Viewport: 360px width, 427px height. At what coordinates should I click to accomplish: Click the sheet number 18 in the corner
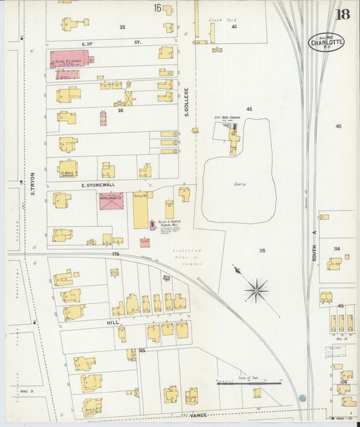click(342, 14)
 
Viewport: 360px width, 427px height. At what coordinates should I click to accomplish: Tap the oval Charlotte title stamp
click(326, 42)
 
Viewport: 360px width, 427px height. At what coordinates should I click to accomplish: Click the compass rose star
click(256, 291)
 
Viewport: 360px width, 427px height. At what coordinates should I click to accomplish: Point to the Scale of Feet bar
click(249, 383)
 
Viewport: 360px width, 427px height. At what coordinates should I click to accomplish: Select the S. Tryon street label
click(32, 183)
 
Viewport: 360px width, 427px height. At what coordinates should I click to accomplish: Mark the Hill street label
click(113, 323)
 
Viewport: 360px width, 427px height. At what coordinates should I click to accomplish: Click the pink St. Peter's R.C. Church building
click(70, 58)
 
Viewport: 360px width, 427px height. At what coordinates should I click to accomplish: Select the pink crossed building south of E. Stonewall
click(111, 200)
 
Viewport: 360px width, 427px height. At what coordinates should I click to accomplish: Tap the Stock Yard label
click(220, 20)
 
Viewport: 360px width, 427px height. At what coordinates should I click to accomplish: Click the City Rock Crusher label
click(228, 117)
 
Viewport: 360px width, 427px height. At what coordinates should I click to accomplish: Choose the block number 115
click(261, 251)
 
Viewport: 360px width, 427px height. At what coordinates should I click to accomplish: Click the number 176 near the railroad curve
click(115, 254)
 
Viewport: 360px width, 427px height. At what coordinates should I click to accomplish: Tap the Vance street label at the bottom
click(197, 415)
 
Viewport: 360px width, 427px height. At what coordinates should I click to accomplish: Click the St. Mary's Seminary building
click(68, 168)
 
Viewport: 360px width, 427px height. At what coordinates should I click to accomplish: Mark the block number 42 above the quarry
click(249, 108)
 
